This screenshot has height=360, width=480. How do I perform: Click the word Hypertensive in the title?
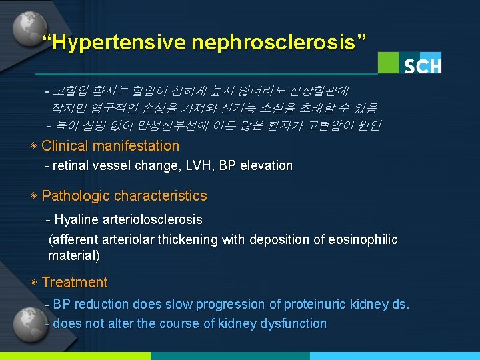click(x=117, y=43)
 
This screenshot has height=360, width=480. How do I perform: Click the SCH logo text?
click(x=422, y=66)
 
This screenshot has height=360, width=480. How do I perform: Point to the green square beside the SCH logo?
click(x=389, y=63)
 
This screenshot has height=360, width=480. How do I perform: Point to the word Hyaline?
click(x=75, y=219)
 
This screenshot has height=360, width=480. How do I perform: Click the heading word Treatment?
click(x=74, y=283)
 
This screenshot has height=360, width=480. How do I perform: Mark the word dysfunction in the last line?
click(x=295, y=324)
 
